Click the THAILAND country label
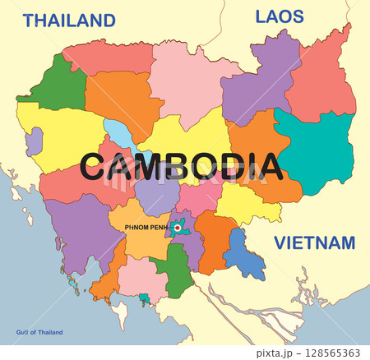pos(68,21)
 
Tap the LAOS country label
pos(280,16)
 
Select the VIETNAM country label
pos(314,243)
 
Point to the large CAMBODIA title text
pos(182,166)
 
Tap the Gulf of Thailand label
pos(39,332)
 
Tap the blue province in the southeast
pos(244,255)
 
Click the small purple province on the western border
pos(34,141)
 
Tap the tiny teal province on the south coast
pos(145,298)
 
